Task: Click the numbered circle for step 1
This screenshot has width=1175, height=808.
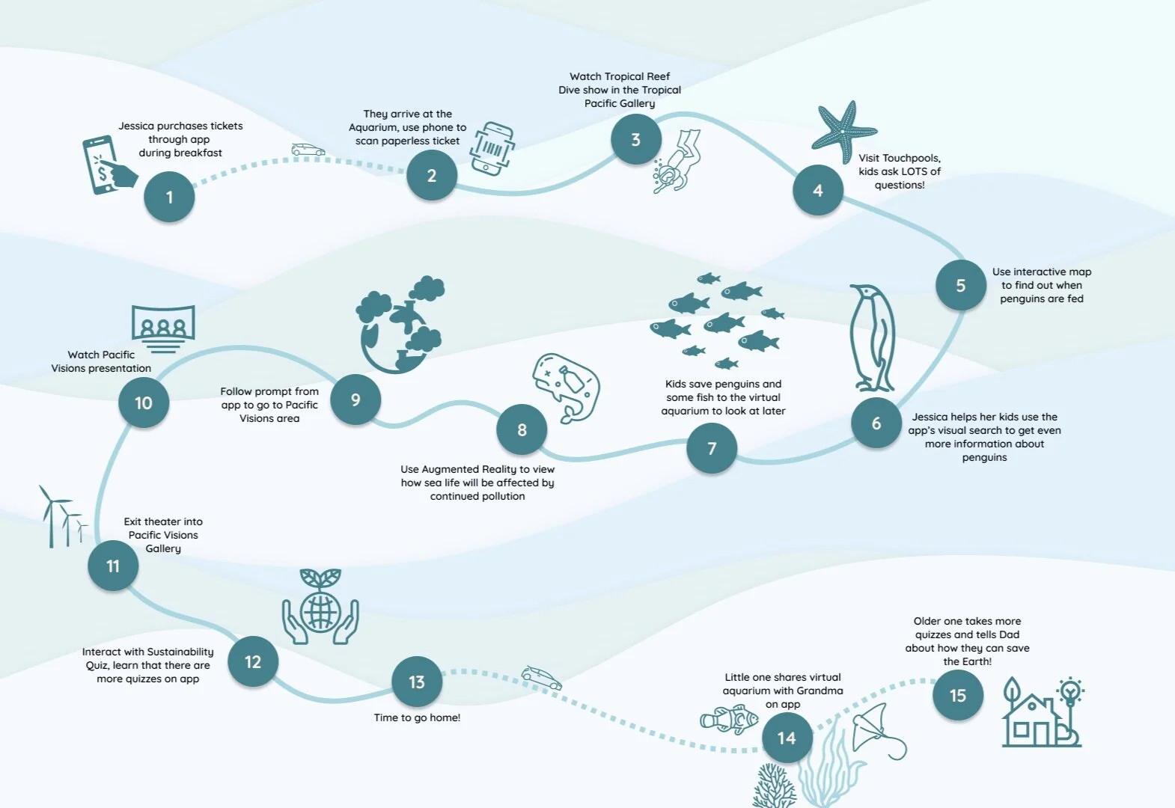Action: [169, 197]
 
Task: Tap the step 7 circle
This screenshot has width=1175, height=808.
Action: [712, 448]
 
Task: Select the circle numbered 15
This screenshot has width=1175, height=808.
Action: [958, 696]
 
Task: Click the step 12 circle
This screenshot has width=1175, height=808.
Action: [253, 661]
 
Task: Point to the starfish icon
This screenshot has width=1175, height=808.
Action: [843, 130]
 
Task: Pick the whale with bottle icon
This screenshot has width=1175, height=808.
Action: [567, 386]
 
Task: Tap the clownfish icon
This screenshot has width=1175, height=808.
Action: [729, 719]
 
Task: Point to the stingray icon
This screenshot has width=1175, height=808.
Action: [877, 729]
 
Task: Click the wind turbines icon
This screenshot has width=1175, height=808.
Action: [62, 517]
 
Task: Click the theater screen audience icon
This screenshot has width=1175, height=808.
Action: [163, 328]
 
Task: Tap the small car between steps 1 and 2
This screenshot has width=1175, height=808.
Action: [308, 150]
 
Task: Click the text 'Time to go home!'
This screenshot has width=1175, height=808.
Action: [417, 717]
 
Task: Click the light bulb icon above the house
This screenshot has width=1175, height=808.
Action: [1070, 691]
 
